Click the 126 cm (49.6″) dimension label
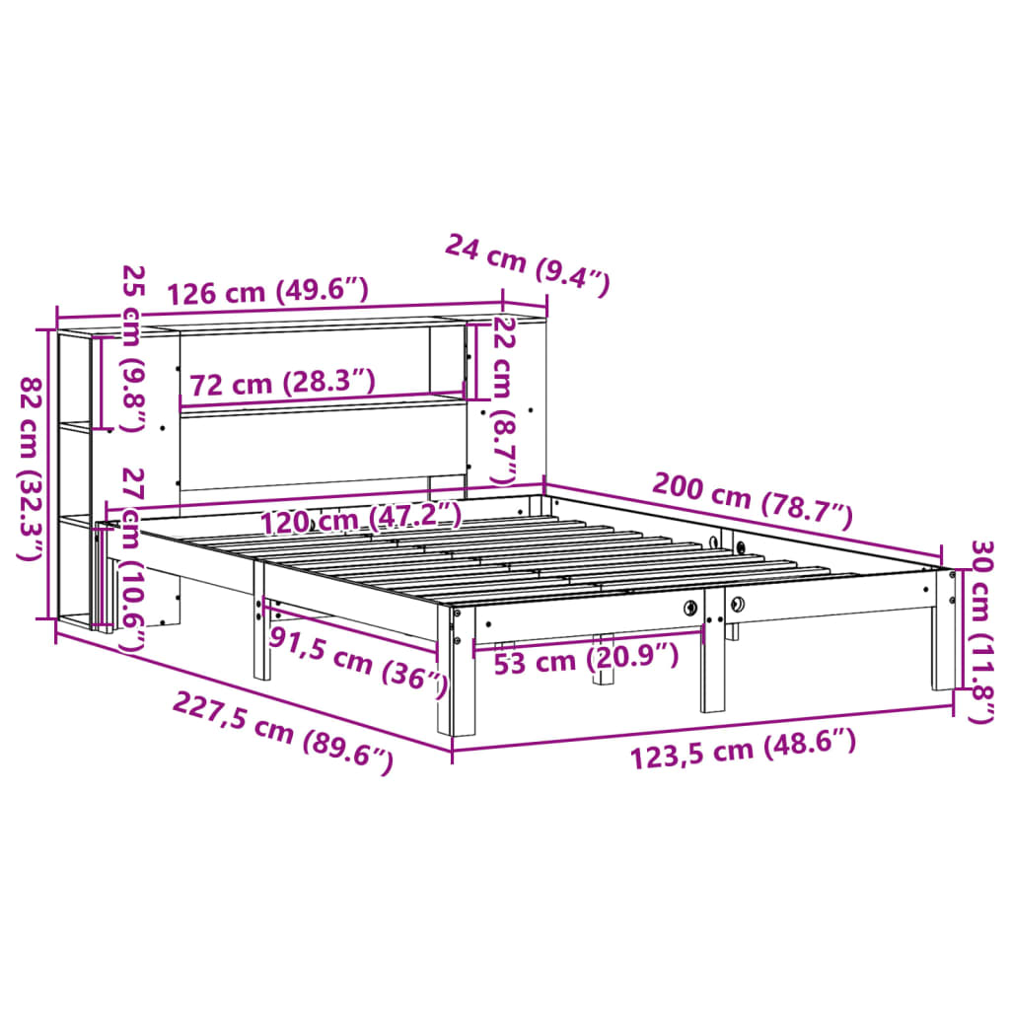267,292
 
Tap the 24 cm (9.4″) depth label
528,264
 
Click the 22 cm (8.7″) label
504,399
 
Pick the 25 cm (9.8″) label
131,347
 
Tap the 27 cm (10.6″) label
131,559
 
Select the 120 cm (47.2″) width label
361,517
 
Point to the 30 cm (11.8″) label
980,631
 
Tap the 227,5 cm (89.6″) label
283,731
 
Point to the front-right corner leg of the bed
943,631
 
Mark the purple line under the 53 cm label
589,639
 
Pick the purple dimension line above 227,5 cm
252,691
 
